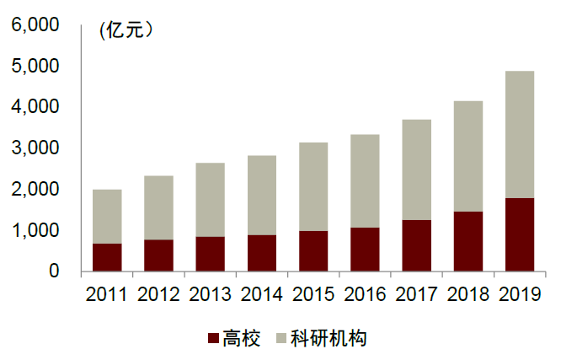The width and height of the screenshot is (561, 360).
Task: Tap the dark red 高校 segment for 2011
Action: point(107,257)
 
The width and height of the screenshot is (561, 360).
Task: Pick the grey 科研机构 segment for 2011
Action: point(107,217)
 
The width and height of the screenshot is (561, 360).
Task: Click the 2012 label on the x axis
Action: point(158,294)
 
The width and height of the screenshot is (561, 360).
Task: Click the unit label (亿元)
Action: point(127,31)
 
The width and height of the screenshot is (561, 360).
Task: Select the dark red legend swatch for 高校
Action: point(212,339)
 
